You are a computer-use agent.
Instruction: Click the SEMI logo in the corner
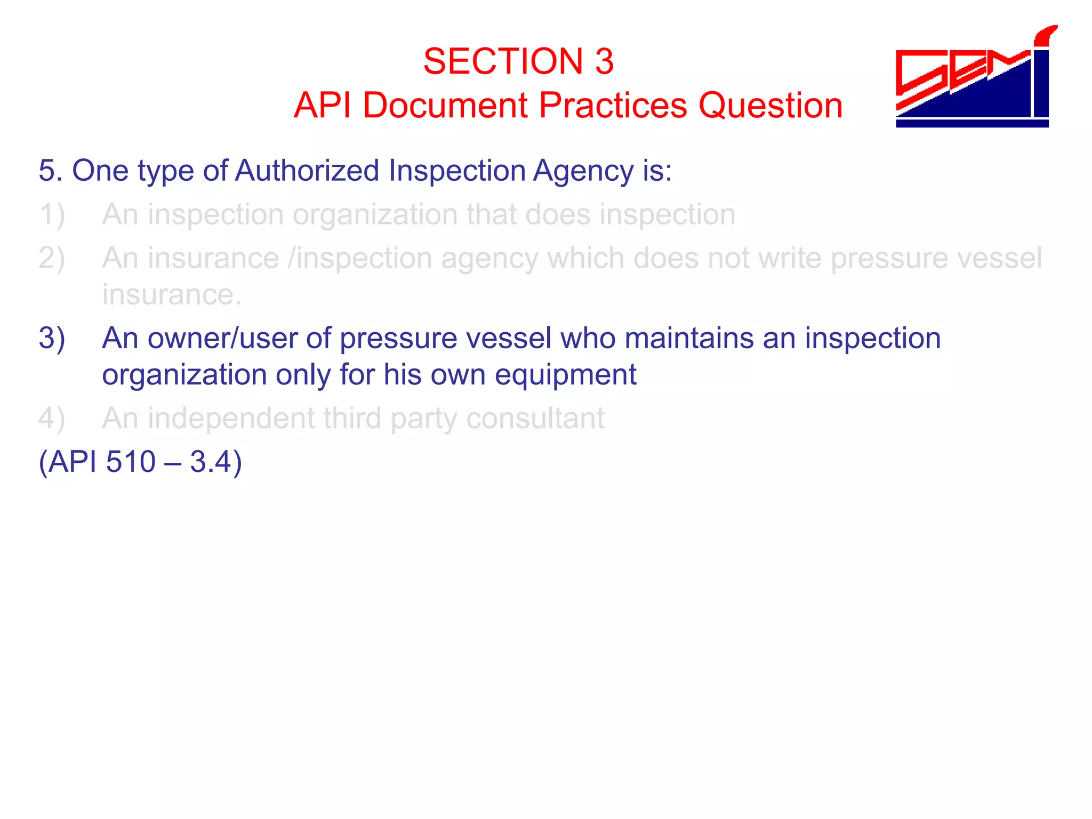pyautogui.click(x=974, y=77)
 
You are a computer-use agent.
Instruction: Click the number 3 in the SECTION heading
pyautogui.click(x=604, y=61)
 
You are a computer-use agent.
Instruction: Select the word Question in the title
pyautogui.click(x=770, y=105)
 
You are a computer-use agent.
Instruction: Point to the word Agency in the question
pyautogui.click(x=582, y=172)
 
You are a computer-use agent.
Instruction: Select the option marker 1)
pyautogui.click(x=52, y=215)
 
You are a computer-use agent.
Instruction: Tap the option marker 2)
pyautogui.click(x=52, y=259)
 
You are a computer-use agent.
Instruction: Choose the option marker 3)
pyautogui.click(x=52, y=339)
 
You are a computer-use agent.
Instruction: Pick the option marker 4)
pyautogui.click(x=52, y=419)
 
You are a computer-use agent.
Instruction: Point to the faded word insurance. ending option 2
pyautogui.click(x=172, y=295)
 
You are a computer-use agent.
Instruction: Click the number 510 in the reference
pyautogui.click(x=131, y=462)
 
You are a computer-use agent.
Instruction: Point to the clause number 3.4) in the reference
pyautogui.click(x=216, y=462)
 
